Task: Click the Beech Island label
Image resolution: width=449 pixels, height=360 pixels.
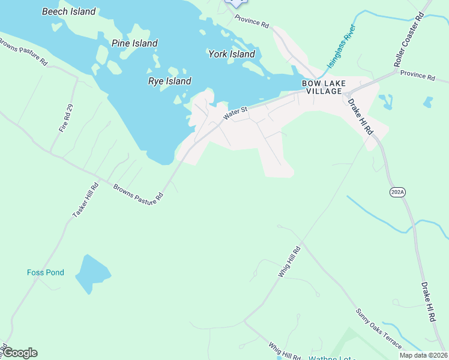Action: tap(69, 11)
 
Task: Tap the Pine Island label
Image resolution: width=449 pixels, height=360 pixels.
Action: tap(134, 43)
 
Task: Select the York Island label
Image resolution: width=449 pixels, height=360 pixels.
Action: tap(232, 54)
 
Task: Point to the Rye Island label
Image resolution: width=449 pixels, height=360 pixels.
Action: tap(170, 81)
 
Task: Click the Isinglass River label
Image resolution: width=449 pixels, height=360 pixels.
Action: tap(341, 46)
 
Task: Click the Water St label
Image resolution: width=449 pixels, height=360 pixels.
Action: tap(235, 112)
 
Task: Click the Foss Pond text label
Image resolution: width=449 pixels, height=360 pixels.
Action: tap(46, 272)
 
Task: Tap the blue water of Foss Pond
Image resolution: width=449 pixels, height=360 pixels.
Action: tap(91, 274)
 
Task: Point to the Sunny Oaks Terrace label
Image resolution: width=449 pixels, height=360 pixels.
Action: tap(378, 328)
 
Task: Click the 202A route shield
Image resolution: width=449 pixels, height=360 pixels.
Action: tap(397, 191)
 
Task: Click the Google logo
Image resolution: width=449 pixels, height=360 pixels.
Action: tap(20, 353)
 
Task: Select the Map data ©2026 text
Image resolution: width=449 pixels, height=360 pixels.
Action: tap(423, 355)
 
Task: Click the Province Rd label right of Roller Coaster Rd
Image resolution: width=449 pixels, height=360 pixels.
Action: tap(417, 76)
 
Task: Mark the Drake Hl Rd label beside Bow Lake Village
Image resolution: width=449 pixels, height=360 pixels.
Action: tap(361, 115)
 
